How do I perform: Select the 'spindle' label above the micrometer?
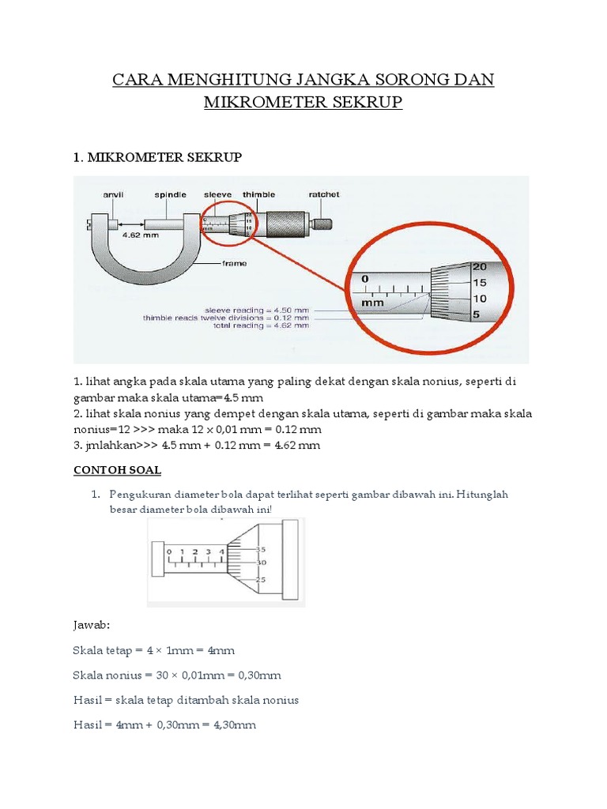pos(170,194)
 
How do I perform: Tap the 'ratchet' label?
pos(323,194)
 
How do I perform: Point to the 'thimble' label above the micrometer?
pos(259,194)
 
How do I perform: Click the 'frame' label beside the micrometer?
pos(234,263)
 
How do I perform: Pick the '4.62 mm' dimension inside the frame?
pos(138,235)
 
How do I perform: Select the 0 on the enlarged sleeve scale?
pos(365,279)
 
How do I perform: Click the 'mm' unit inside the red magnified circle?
pos(372,303)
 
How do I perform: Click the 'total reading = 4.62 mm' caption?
pos(261,325)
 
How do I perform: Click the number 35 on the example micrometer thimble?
pos(261,548)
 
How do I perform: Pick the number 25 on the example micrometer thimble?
pos(260,580)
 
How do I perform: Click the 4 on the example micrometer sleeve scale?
pos(221,551)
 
